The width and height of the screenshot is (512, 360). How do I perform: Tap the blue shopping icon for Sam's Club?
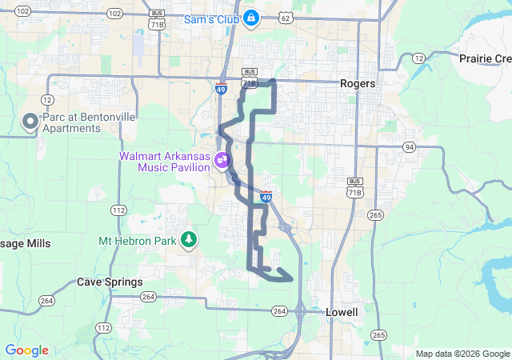(x=251, y=17)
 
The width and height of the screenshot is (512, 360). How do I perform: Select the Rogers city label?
(x=358, y=82)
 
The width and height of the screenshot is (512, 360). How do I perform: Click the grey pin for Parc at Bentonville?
(x=30, y=122)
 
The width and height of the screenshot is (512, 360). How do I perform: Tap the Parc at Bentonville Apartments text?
(x=89, y=122)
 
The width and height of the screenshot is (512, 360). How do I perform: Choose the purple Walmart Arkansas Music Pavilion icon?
(x=222, y=162)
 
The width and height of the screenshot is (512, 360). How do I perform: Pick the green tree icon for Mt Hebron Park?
(x=189, y=239)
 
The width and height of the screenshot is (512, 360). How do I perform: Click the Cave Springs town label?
(x=110, y=282)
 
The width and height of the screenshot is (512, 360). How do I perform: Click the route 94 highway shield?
(x=410, y=146)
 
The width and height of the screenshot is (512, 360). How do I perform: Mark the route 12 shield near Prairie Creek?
(x=418, y=58)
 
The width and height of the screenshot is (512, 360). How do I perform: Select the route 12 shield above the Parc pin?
(x=48, y=98)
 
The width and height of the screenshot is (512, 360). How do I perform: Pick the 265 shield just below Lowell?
(x=379, y=334)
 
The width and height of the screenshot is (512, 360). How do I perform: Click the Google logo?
(x=26, y=350)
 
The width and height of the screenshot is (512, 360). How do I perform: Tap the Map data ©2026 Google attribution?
(x=462, y=354)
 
